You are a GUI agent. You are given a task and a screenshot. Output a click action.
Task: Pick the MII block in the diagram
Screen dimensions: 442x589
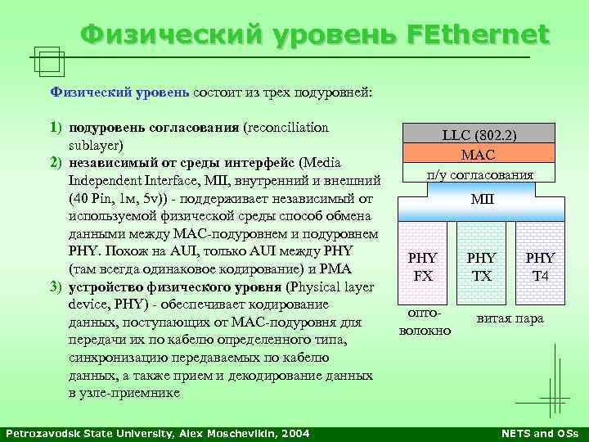coord(480,199)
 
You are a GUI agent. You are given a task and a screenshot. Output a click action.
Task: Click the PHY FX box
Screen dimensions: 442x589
coord(423,267)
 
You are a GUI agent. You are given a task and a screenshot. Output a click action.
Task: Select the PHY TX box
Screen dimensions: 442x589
coord(482,267)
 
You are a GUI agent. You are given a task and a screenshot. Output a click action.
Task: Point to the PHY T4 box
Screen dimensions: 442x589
coord(540,267)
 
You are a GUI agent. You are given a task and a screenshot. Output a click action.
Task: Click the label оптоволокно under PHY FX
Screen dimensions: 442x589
coord(424,322)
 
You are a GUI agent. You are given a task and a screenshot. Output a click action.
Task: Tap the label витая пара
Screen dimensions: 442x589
coord(510,318)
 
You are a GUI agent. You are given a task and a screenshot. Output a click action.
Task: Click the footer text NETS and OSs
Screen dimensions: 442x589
coord(539,432)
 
